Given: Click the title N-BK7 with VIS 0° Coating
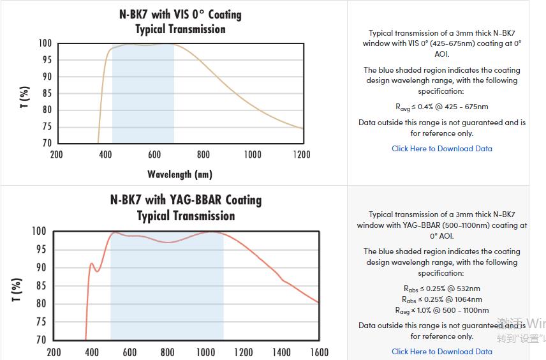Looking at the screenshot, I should tap(181, 14).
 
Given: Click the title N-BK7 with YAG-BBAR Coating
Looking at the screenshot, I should tap(186, 200).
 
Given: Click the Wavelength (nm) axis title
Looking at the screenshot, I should tap(180, 174).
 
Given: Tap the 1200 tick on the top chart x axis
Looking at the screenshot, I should tap(302, 154).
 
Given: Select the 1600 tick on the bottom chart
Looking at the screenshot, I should tap(319, 352).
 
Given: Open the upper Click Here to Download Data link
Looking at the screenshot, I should tap(442, 149).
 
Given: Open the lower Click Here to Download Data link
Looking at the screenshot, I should tap(442, 352).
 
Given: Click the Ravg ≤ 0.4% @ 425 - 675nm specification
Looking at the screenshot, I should tap(442, 107).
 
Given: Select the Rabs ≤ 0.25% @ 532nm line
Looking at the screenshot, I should tap(442, 289).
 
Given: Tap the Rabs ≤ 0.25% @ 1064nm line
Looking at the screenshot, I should tap(442, 299).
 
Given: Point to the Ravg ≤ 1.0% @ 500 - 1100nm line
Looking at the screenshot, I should tap(442, 310).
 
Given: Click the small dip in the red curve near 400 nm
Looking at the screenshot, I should tap(97, 271).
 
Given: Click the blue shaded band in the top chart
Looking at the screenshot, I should tap(143, 96).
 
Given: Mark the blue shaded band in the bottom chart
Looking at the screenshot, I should tap(167, 294).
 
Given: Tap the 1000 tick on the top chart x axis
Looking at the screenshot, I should tap(253, 154).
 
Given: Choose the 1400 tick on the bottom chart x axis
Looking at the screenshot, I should tap(281, 352).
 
